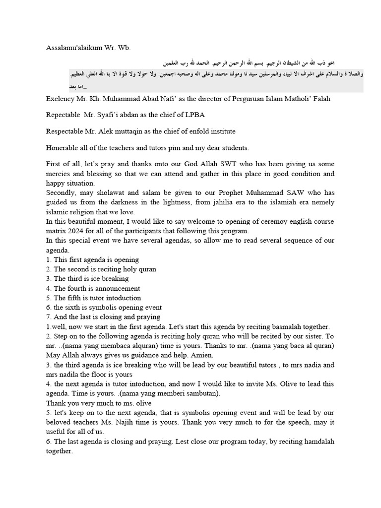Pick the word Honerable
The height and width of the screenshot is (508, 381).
click(63, 148)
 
